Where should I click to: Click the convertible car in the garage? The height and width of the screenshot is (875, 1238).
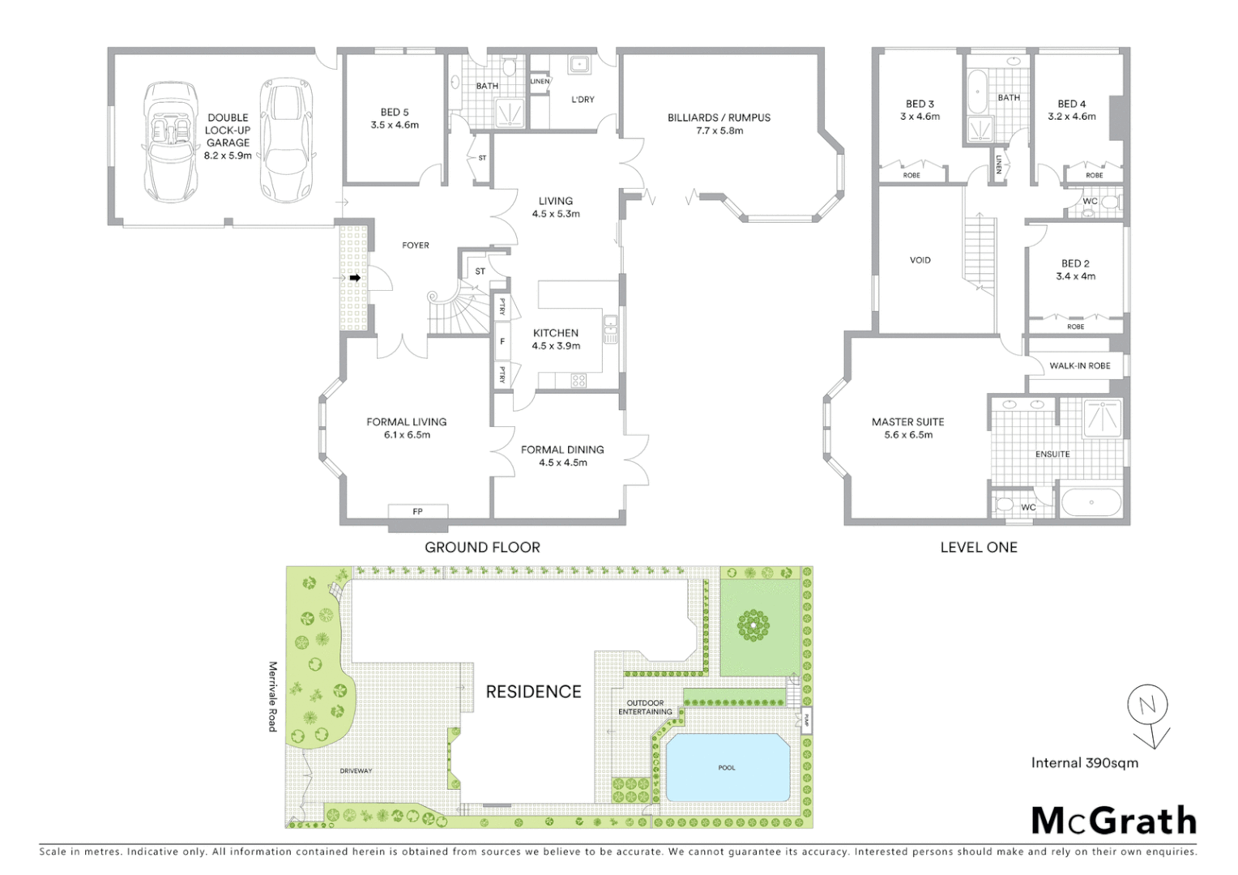click(171, 142)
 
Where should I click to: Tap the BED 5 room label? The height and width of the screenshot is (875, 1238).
click(395, 118)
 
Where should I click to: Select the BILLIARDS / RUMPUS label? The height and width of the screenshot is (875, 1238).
click(719, 123)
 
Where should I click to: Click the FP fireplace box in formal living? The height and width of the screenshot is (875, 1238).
click(417, 511)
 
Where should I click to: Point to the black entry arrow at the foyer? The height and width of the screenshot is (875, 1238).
click(355, 278)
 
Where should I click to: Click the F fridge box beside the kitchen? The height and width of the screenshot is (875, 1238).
click(502, 342)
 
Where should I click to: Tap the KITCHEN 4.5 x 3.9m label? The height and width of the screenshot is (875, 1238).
click(556, 339)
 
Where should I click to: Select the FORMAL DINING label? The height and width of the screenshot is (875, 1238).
click(562, 455)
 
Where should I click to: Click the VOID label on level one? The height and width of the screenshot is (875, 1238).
click(920, 260)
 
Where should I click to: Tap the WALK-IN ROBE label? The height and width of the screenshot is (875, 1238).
click(1079, 365)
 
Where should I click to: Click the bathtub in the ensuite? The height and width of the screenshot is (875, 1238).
click(1091, 502)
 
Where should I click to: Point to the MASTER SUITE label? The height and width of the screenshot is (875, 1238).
click(907, 428)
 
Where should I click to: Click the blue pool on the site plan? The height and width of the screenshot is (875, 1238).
click(727, 766)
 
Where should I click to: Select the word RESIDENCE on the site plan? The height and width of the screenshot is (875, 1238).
click(533, 691)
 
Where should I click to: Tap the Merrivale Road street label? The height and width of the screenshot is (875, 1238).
click(273, 696)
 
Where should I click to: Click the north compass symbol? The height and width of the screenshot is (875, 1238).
click(1148, 707)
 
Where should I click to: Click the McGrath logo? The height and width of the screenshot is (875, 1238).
click(1113, 821)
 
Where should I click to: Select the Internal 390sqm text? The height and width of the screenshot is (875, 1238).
click(1084, 762)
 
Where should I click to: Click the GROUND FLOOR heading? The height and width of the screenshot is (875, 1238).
click(482, 547)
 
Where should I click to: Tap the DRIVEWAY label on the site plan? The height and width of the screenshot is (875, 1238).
click(356, 770)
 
